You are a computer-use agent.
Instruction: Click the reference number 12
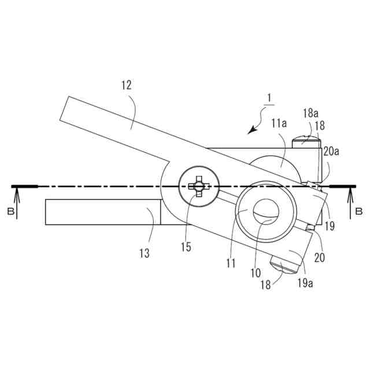[127, 85]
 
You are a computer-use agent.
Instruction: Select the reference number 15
[186, 247]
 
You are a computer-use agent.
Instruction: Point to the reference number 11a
[279, 123]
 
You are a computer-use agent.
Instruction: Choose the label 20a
[331, 151]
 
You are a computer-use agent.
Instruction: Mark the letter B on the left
[11, 212]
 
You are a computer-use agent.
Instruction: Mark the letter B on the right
[359, 212]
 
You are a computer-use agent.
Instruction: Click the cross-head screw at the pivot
[199, 186]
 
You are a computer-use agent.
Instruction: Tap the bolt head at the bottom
[283, 265]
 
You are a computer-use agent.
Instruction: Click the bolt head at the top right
[306, 139]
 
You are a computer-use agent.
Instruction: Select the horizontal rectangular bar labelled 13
[103, 212]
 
